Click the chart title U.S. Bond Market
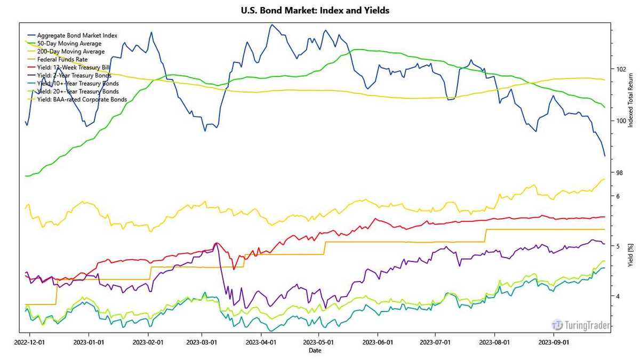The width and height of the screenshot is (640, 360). pos(315,11)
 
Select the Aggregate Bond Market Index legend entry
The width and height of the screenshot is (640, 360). pos(77,35)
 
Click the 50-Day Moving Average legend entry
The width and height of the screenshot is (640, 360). pos(69,43)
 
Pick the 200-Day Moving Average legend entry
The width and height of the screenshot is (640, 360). pos(71,52)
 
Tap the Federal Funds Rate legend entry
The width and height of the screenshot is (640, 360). pos(62,60)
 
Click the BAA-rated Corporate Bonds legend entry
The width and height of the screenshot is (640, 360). pos(82,99)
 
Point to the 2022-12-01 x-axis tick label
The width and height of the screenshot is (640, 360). pos(29,341)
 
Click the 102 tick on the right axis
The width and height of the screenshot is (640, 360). pos(621,69)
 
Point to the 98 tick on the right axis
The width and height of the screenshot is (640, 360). pos(619,173)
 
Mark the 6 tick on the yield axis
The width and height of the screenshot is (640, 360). pos(618,196)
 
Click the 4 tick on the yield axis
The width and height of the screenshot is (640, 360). pos(618,296)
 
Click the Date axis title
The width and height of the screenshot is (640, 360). pos(315,350)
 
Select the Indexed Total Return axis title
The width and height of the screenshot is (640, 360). pos(631,101)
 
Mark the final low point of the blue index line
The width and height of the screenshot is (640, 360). pos(605,156)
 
